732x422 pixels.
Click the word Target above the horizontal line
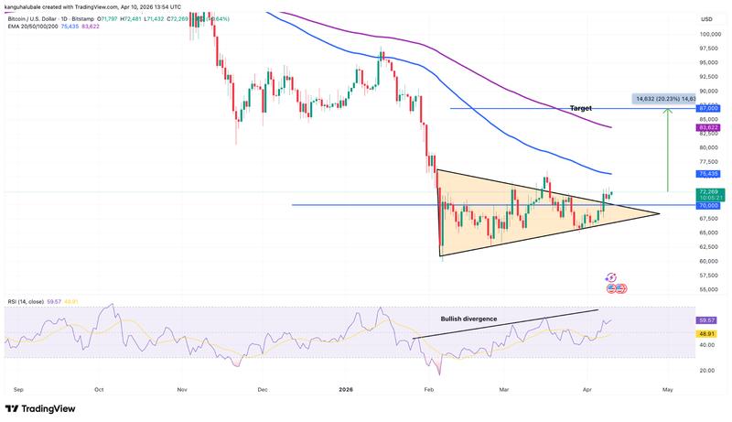pos(581,107)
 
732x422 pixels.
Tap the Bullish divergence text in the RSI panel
pos(469,319)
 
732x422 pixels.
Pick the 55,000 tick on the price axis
pos(709,289)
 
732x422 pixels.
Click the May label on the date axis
pos(668,389)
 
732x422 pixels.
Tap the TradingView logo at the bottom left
pos(42,408)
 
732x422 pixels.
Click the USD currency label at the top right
pos(706,19)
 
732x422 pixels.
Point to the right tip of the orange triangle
pos(659,214)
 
